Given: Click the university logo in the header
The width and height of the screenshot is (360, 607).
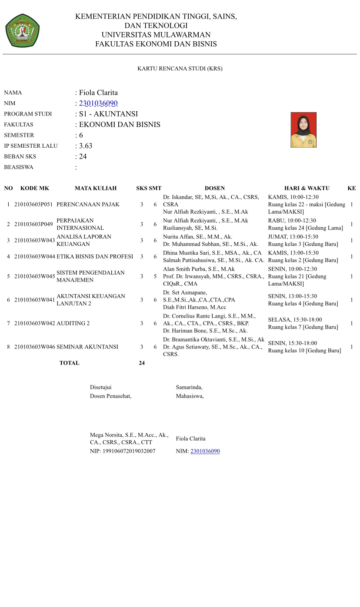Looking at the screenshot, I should pyautogui.click(x=23, y=30).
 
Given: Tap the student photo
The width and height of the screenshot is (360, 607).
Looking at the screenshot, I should pyautogui.click(x=303, y=130).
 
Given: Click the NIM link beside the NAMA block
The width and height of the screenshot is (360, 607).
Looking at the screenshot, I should pyautogui.click(x=98, y=103).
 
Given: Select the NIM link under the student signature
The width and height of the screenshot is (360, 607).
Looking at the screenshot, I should pyautogui.click(x=205, y=451).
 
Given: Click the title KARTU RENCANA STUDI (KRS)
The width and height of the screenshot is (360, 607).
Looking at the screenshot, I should pyautogui.click(x=180, y=69).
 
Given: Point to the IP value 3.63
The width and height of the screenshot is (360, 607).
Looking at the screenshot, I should pyautogui.click(x=86, y=146).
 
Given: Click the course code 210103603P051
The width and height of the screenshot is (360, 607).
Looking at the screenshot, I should pyautogui.click(x=33, y=204).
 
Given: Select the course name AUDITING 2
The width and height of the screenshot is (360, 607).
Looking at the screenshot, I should pyautogui.click(x=73, y=323).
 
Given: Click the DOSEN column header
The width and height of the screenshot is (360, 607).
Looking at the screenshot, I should pyautogui.click(x=215, y=188).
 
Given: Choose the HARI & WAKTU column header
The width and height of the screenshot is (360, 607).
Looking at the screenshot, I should pyautogui.click(x=307, y=188).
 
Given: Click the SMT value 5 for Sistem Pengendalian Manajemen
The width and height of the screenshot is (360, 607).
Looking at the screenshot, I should pyautogui.click(x=155, y=276).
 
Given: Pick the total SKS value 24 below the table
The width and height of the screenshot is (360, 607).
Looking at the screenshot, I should pyautogui.click(x=142, y=363).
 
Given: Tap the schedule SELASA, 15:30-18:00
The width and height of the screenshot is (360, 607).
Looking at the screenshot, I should pyautogui.click(x=295, y=319).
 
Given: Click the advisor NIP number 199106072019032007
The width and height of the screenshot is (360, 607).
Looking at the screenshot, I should pyautogui.click(x=129, y=451).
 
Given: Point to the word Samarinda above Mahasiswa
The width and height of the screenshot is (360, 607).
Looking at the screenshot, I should pyautogui.click(x=189, y=387).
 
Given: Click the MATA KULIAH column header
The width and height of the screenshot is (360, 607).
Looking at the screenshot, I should pyautogui.click(x=96, y=188).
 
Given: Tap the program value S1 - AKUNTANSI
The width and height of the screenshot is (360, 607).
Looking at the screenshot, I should pyautogui.click(x=108, y=114).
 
